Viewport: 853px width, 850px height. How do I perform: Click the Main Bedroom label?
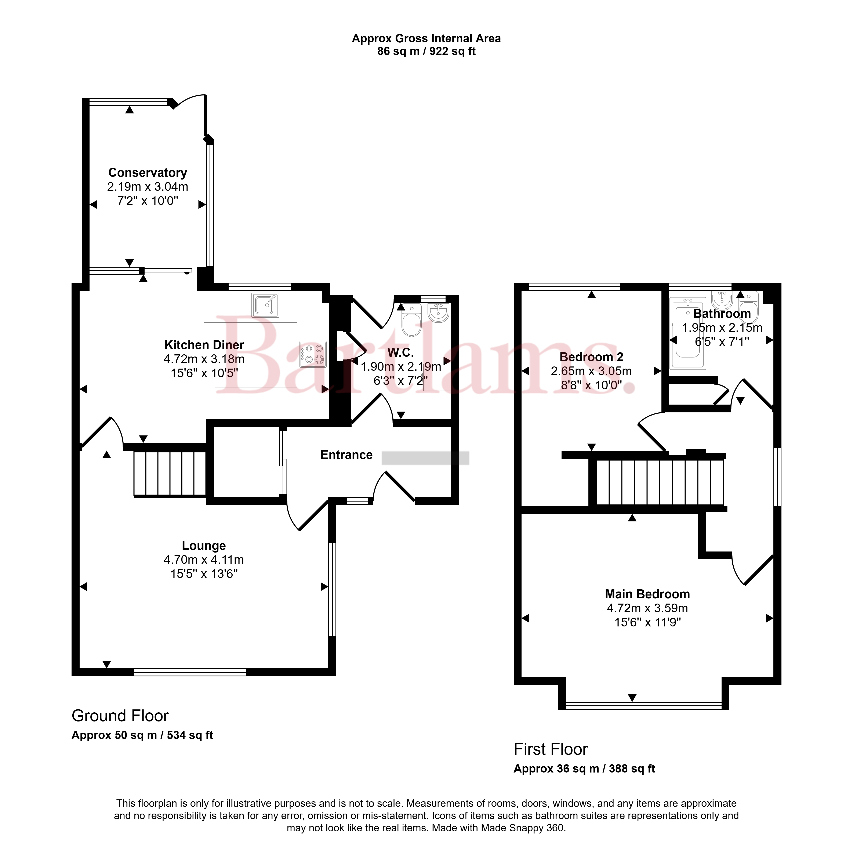click(x=647, y=594)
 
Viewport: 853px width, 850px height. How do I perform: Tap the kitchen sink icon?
click(x=265, y=305)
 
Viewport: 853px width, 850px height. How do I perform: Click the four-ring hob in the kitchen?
click(x=313, y=354)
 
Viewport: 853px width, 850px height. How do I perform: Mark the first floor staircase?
click(x=660, y=482)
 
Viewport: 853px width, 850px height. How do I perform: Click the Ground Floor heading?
click(x=120, y=716)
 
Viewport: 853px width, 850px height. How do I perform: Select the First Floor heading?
click(x=551, y=749)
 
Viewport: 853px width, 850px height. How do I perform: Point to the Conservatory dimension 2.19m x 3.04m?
click(x=148, y=187)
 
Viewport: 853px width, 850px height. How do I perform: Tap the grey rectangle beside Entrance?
click(x=425, y=458)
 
